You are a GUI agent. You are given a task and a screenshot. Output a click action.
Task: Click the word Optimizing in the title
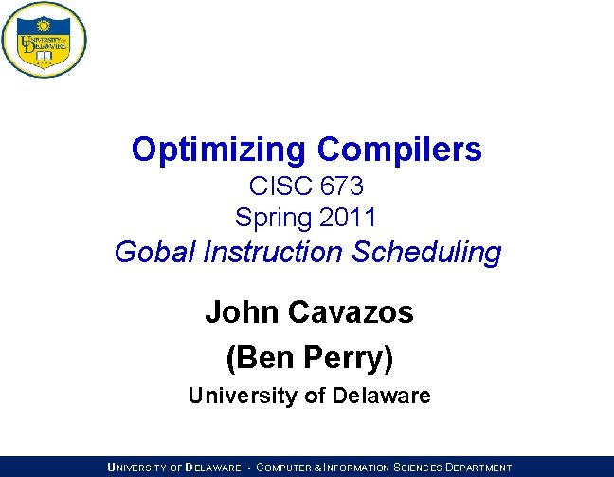tap(219, 150)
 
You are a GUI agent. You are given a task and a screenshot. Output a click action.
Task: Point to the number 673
tap(337, 186)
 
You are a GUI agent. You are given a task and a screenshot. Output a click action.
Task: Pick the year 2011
tap(349, 217)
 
